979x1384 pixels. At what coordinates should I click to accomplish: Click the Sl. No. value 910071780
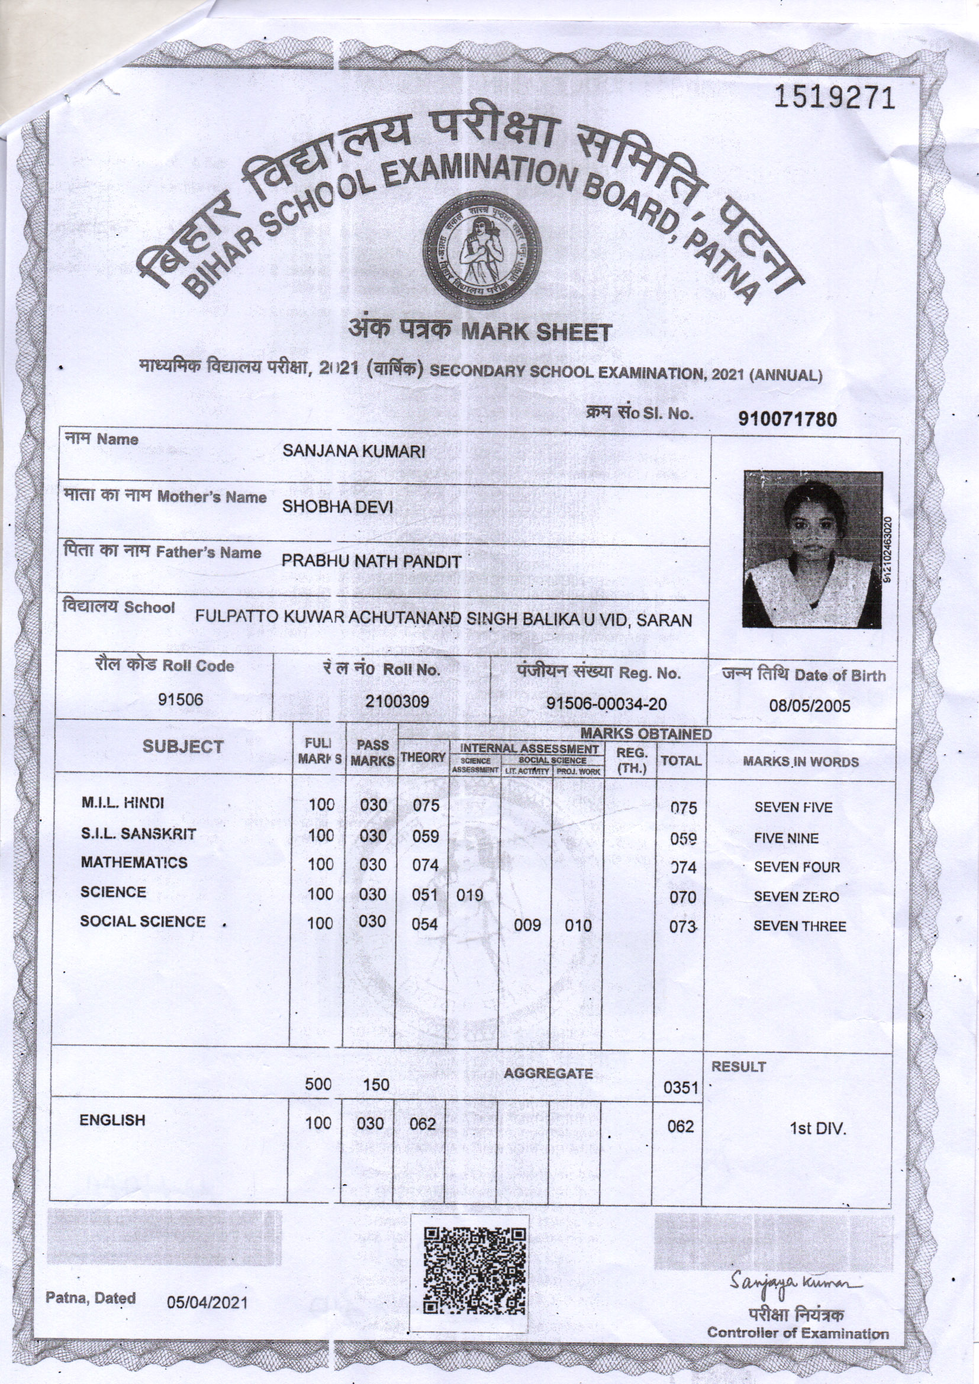[x=788, y=419]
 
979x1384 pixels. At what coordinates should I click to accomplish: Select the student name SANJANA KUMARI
[x=354, y=452]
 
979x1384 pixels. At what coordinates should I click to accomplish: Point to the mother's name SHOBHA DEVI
[x=337, y=506]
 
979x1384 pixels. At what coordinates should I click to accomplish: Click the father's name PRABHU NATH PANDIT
[x=371, y=561]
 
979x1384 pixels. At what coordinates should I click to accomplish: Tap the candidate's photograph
[x=813, y=549]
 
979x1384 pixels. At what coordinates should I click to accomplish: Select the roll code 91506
[x=181, y=699]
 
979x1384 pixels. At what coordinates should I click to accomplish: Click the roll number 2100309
[x=398, y=701]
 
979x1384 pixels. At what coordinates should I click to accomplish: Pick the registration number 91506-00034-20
[x=607, y=703]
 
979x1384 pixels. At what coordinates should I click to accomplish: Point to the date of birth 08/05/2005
[x=810, y=706]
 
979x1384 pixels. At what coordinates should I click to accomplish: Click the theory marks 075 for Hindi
[x=426, y=805]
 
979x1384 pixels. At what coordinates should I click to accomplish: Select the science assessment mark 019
[x=469, y=895]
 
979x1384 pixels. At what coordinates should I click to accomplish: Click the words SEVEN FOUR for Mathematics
[x=796, y=867]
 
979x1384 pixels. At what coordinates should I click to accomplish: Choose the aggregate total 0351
[x=681, y=1087]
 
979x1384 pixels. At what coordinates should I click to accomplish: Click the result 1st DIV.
[x=818, y=1128]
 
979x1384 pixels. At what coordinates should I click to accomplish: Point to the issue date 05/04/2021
[x=207, y=1302]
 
